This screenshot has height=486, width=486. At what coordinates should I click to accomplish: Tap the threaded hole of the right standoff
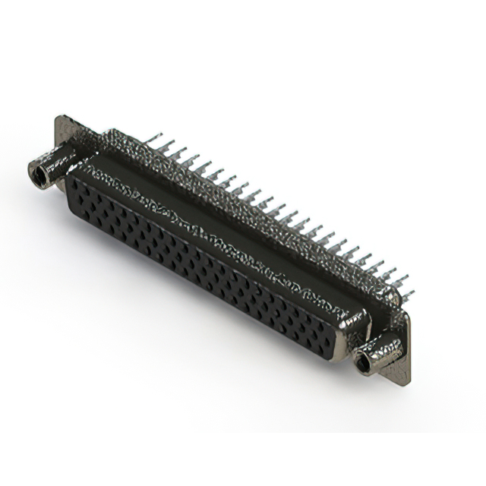click(x=364, y=365)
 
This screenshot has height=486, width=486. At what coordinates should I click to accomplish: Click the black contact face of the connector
click(x=197, y=266)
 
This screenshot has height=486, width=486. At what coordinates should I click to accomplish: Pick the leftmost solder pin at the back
click(x=156, y=137)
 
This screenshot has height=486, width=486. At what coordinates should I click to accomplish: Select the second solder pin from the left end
click(x=169, y=144)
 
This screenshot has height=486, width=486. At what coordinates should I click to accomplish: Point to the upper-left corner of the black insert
click(x=70, y=175)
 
